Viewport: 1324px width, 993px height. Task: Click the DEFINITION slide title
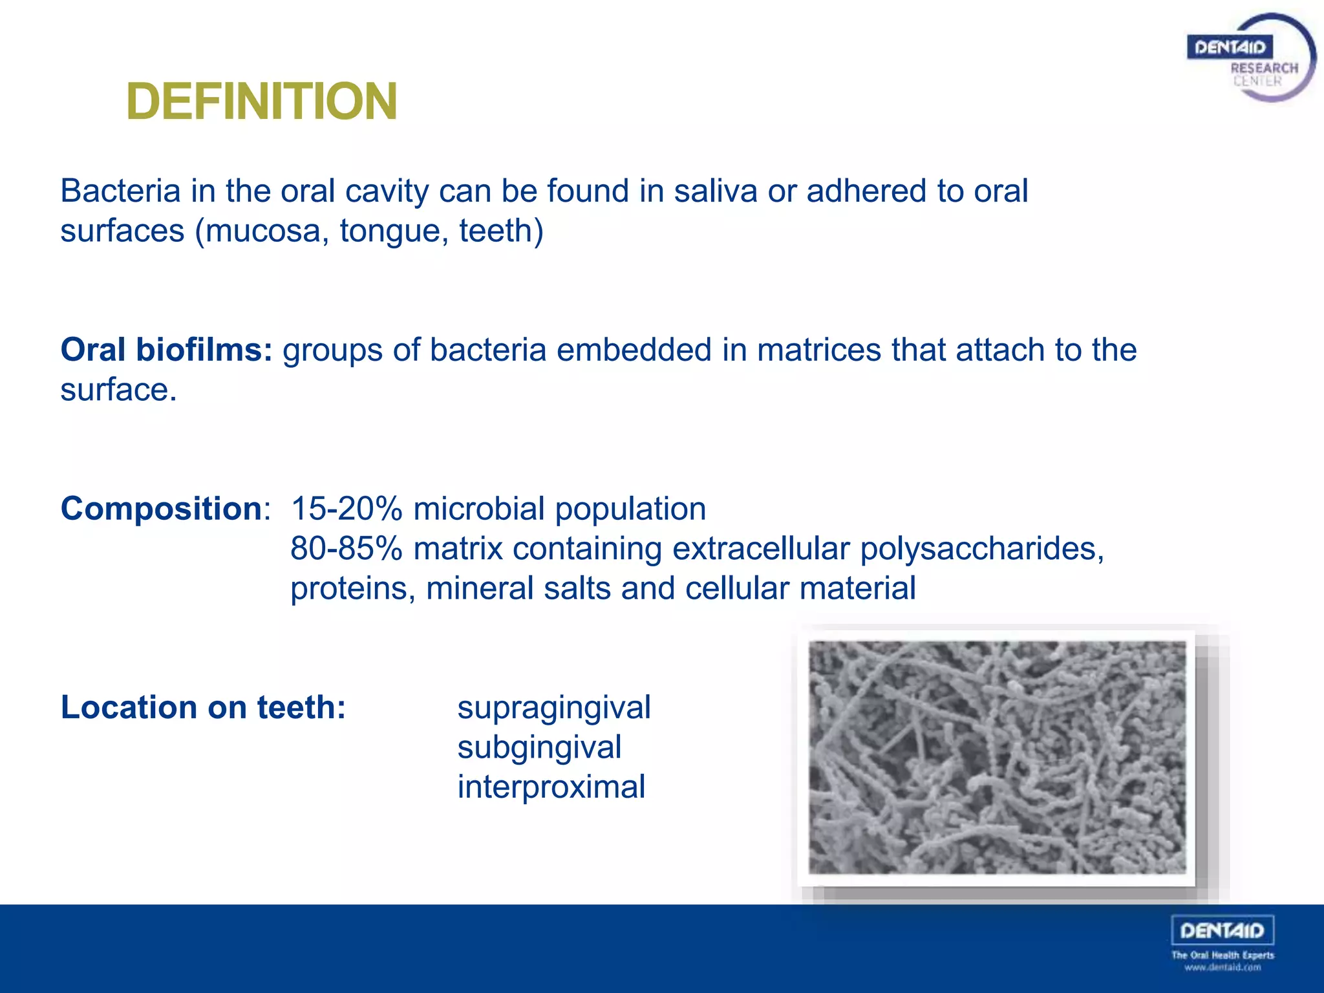tap(262, 101)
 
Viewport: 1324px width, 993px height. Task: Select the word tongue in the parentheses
tap(394, 231)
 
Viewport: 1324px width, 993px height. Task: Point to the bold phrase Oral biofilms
tap(166, 350)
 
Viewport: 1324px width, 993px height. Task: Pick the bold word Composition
tap(161, 509)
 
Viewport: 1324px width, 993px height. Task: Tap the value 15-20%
tap(347, 509)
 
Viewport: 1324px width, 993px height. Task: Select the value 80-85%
tap(347, 549)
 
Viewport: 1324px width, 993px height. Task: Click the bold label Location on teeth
tap(203, 707)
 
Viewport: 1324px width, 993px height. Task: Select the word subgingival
tap(539, 748)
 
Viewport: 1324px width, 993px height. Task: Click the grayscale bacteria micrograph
tap(997, 758)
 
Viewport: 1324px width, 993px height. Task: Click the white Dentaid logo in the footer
tap(1222, 931)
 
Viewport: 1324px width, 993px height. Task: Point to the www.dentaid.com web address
tap(1223, 968)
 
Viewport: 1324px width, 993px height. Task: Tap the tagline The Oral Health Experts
tap(1223, 955)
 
